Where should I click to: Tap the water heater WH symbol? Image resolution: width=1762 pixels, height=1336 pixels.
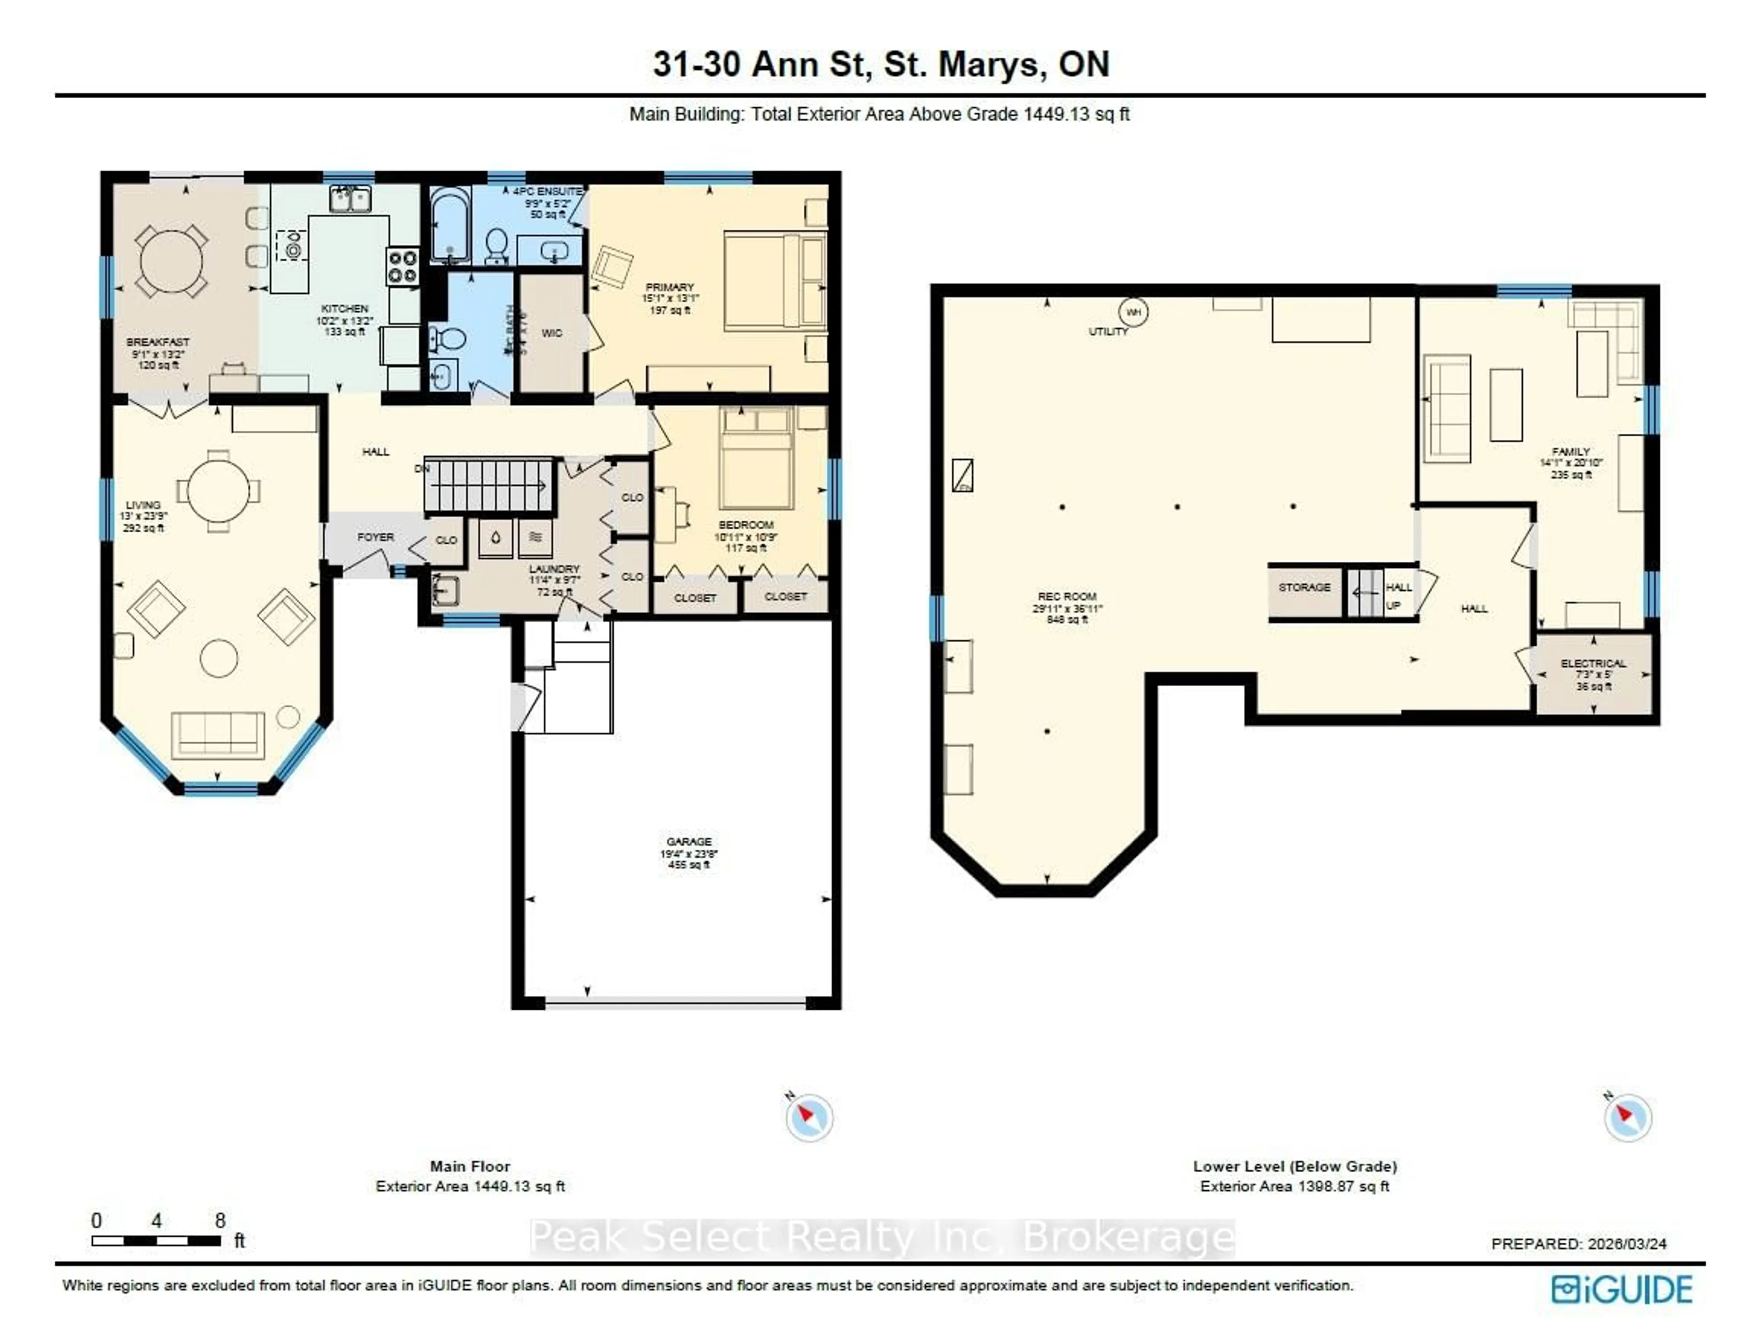1133,312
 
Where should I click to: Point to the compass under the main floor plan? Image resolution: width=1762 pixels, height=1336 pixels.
809,1117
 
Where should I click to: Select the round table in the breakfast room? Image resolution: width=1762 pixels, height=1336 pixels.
171,261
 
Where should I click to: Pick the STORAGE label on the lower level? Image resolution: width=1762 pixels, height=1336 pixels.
1304,587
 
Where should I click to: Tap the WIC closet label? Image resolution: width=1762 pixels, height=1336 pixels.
551,333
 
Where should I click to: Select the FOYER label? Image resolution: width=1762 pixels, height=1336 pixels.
375,537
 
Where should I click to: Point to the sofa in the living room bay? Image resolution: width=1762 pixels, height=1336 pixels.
217,734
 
